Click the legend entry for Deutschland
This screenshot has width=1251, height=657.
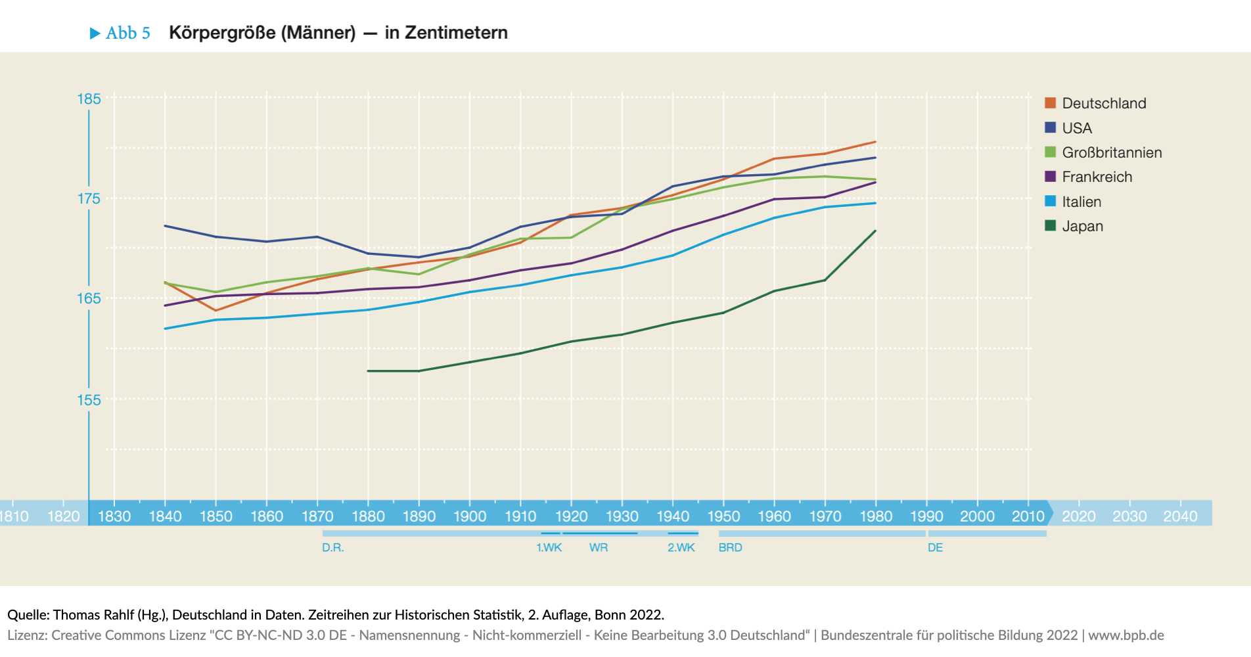click(x=1103, y=103)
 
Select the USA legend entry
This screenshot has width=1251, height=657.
click(x=1076, y=128)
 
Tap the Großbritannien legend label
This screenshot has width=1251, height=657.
click(x=1111, y=152)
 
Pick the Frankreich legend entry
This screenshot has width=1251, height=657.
click(x=1097, y=177)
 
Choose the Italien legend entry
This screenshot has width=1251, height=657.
click(x=1081, y=202)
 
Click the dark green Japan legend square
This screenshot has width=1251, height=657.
click(x=1050, y=226)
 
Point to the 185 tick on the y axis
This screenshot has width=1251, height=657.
click(x=89, y=99)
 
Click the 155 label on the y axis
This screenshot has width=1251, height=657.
click(x=89, y=400)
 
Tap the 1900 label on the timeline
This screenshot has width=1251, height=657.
click(x=470, y=516)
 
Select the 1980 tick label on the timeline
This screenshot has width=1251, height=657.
click(x=876, y=516)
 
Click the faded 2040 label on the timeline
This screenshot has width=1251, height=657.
click(x=1180, y=516)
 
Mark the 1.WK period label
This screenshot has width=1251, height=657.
click(x=549, y=547)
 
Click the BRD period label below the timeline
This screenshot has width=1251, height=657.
click(x=730, y=547)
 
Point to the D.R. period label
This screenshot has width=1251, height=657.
click(x=332, y=547)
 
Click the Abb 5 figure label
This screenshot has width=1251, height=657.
click(x=127, y=33)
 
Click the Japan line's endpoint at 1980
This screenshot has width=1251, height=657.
click(x=876, y=231)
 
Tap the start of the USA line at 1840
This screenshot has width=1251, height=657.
click(x=165, y=226)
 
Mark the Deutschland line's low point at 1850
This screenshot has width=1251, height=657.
click(x=216, y=310)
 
